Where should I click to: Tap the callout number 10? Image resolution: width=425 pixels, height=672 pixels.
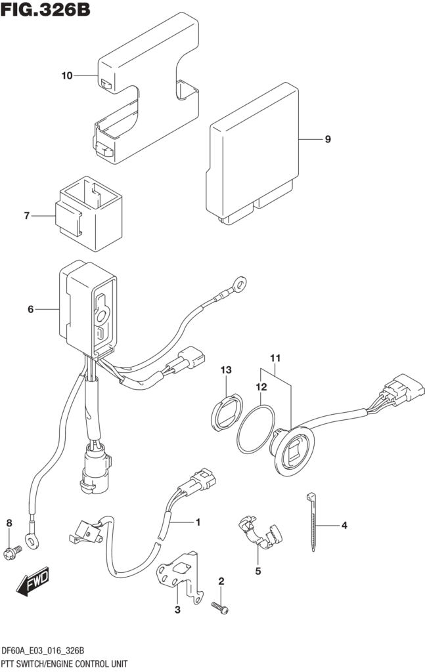[66, 76]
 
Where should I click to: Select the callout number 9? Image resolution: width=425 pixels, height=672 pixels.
[327, 139]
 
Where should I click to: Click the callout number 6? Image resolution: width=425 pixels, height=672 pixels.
[30, 309]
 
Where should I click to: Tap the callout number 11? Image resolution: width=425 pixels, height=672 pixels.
[275, 358]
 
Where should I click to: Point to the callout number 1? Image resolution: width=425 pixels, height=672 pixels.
[196, 522]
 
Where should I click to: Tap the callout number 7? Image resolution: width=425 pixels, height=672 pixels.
[27, 215]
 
